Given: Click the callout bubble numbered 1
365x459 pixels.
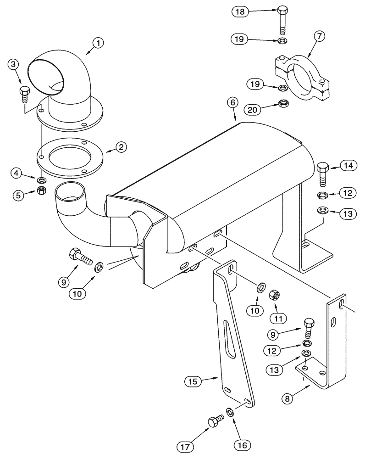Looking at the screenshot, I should coord(98,44).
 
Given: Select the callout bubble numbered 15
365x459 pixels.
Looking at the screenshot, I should coord(193,381).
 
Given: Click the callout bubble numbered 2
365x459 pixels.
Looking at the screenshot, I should coord(121,147).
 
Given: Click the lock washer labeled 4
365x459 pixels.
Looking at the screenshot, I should coord(42,178).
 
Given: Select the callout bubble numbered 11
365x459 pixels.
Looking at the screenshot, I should coord(278,317).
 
